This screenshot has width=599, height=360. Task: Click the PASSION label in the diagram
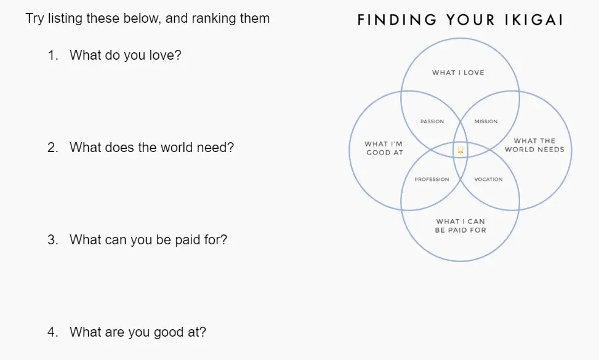point(432,121)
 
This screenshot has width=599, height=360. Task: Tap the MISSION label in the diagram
point(486,121)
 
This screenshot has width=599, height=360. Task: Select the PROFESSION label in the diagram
point(432,180)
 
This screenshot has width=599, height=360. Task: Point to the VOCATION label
point(489,180)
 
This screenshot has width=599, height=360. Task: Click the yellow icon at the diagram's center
point(460,150)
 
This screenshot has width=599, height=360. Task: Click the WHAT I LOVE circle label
point(458,73)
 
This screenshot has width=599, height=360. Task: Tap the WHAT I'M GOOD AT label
point(384,148)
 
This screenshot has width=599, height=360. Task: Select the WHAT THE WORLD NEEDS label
point(534,145)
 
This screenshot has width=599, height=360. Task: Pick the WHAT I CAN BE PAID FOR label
point(460,226)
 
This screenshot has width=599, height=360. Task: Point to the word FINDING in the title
point(397,20)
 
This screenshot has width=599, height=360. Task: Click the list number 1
point(53,55)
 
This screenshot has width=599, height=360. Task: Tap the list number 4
point(53,332)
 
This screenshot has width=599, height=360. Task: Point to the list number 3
point(53,240)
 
